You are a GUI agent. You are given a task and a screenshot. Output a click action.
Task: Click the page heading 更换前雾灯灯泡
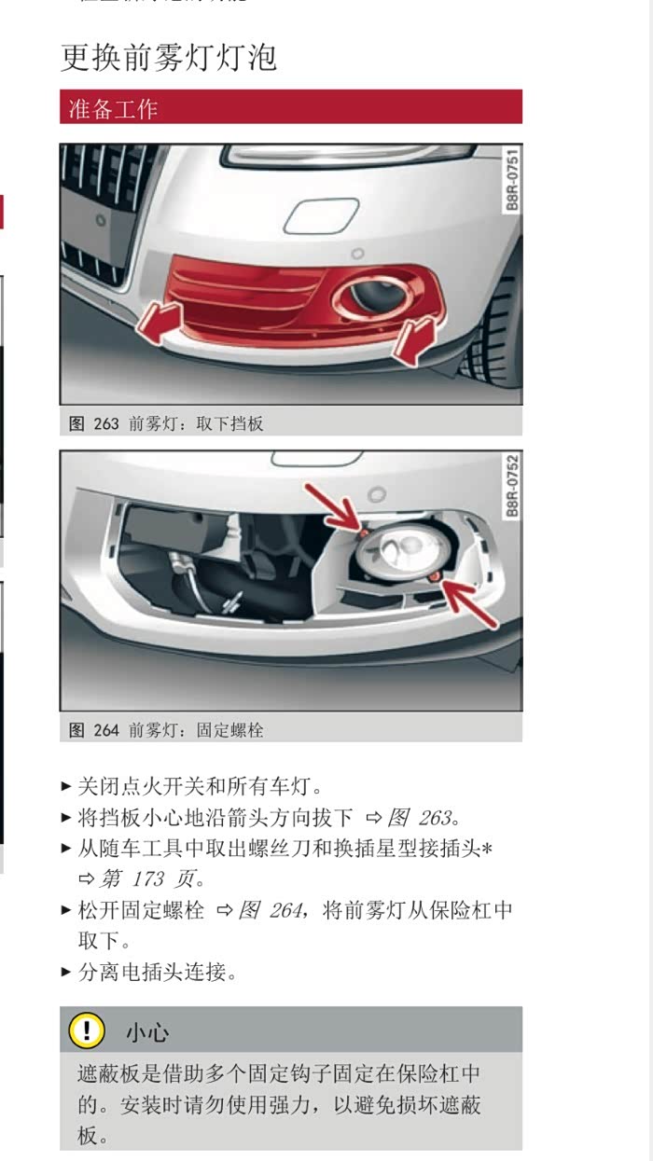coord(169,57)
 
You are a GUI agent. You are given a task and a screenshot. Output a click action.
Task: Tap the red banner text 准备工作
coord(113,109)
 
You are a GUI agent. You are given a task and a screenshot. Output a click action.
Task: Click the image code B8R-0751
coord(512,180)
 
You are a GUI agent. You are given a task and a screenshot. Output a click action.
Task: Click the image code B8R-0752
coord(512,486)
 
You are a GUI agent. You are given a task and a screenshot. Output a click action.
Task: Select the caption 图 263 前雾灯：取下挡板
coord(166,423)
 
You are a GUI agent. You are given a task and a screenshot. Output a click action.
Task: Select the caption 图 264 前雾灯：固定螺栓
coord(166,730)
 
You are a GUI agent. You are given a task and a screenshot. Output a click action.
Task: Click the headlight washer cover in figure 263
coord(322,215)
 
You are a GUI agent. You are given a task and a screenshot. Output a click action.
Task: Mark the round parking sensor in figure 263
coord(357,254)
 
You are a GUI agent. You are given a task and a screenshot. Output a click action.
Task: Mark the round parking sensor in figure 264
coord(377,494)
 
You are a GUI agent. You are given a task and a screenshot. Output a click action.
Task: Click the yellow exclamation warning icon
coord(87,1030)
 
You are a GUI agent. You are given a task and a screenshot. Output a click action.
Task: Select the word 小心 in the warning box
coord(147,1032)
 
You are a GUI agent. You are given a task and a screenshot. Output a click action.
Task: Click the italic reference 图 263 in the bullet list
coord(420,818)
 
